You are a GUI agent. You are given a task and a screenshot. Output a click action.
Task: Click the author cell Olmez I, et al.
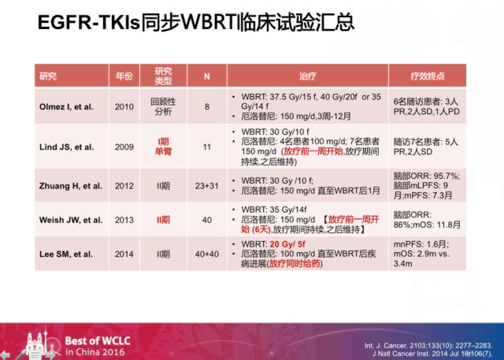[66, 106]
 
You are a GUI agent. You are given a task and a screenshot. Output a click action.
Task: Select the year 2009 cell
[124, 147]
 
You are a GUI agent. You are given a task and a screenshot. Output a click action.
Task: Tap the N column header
[206, 76]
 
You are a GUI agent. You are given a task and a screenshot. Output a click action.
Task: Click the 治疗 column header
[308, 76]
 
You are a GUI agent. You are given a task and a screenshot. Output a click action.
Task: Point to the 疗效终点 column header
[428, 76]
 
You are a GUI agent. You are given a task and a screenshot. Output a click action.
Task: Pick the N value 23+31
[206, 186]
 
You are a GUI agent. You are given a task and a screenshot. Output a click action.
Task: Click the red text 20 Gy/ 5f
[287, 244]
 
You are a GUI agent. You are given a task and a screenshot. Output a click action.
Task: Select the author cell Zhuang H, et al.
[71, 186]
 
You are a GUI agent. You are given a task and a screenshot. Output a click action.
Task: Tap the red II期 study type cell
[163, 221]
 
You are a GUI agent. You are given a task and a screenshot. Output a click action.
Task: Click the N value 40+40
[206, 254]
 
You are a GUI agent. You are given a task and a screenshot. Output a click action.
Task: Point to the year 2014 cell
[124, 254]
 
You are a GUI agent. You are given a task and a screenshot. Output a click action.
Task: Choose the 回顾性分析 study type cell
[163, 106]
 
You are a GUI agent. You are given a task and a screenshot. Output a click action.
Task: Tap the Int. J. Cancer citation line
[428, 346]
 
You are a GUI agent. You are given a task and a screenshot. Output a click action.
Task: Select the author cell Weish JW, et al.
[71, 221]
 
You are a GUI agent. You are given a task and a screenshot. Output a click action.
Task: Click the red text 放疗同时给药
[295, 264]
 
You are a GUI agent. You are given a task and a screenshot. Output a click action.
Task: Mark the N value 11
[206, 147]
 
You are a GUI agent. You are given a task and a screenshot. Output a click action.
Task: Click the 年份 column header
[124, 76]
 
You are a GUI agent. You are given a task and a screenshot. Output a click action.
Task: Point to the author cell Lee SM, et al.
[66, 254]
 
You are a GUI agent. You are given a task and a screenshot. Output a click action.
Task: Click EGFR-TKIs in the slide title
[89, 23]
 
